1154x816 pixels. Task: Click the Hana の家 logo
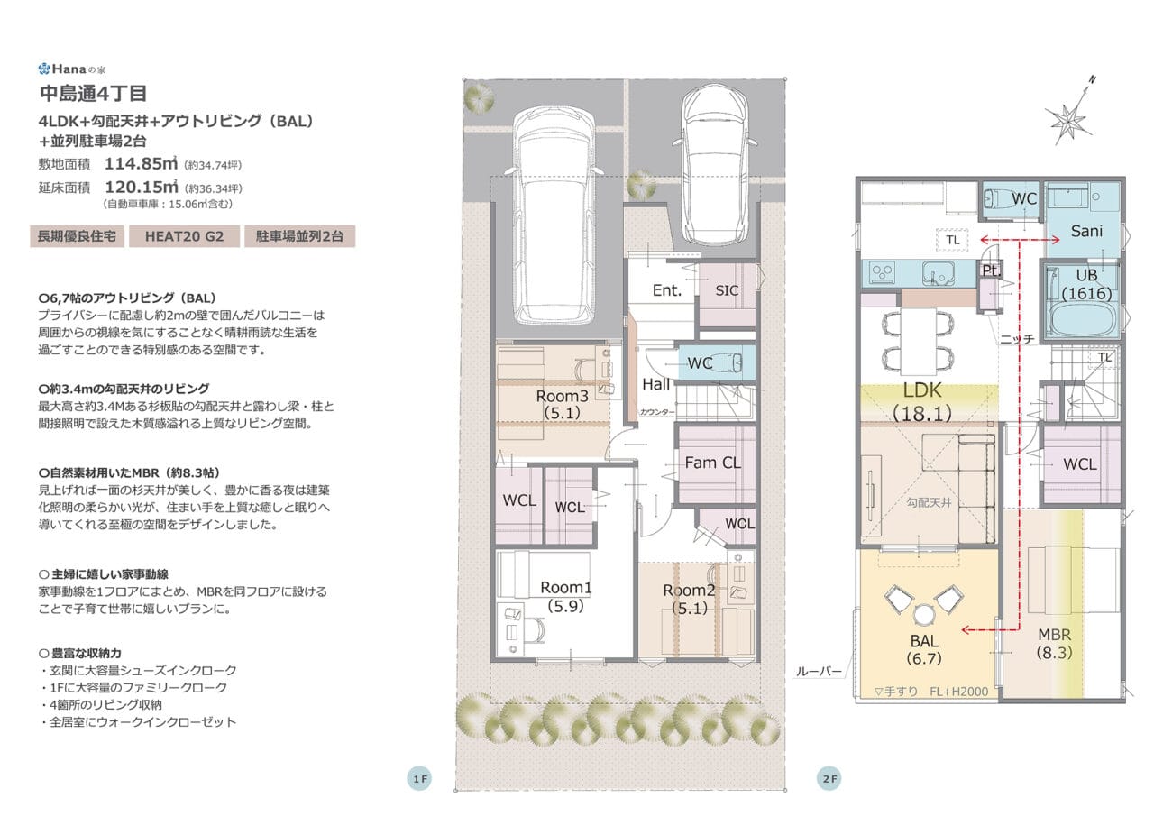tap(72, 69)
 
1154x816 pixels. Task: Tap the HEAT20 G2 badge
tap(185, 236)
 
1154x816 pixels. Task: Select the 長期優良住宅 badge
tap(77, 236)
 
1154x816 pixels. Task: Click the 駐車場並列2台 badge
tap(300, 236)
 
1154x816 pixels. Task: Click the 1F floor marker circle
tap(419, 778)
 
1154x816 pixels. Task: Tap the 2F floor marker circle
tap(829, 778)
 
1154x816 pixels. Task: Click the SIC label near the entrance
tap(727, 290)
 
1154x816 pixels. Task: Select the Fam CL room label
tap(712, 463)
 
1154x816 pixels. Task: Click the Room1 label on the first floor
tap(565, 587)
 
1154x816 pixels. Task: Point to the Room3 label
tap(562, 396)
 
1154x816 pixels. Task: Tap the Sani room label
tap(1086, 231)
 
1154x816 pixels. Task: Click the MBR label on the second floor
tap(1054, 635)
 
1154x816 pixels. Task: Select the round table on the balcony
tap(923, 615)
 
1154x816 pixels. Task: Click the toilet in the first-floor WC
tap(731, 362)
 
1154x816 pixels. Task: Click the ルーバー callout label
tap(819, 672)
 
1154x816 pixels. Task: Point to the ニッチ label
tap(1017, 339)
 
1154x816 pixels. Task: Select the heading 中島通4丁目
tap(93, 93)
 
